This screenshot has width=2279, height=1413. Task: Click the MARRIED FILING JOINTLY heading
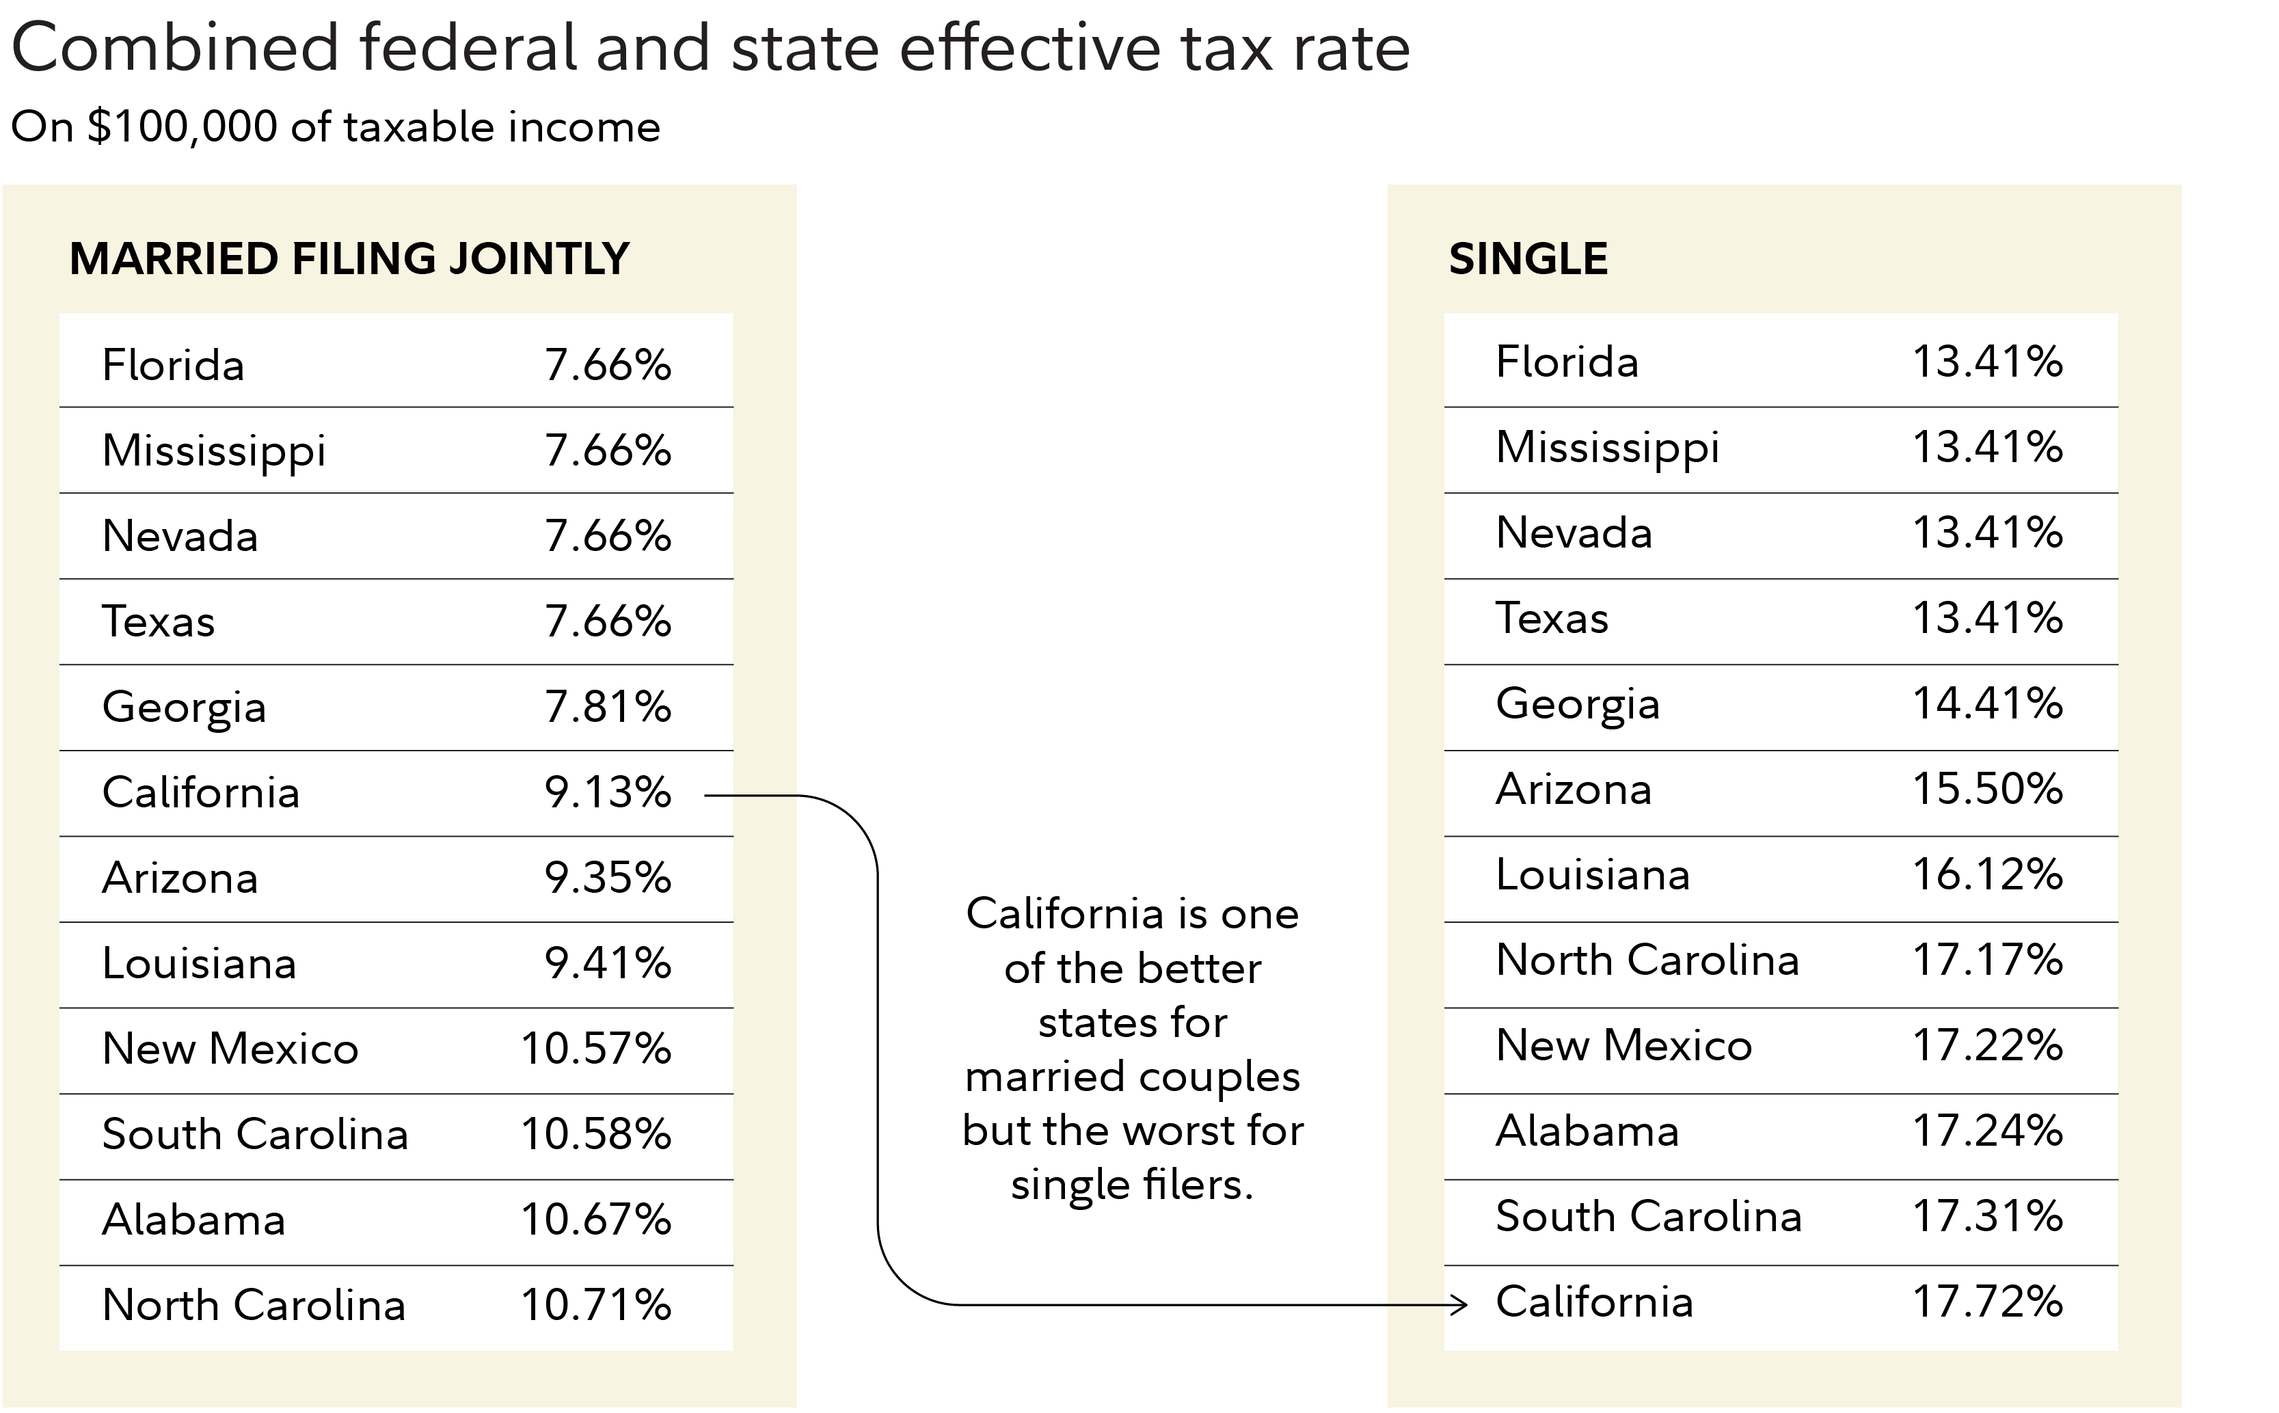[349, 259]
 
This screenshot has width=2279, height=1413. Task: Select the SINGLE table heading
[1528, 259]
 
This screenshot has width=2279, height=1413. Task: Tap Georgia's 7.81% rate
[608, 707]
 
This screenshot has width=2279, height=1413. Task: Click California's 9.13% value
[608, 792]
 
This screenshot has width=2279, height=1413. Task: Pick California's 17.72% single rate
[1988, 1302]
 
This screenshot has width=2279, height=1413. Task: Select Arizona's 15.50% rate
[1988, 789]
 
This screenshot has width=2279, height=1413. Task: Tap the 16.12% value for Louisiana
[1988, 875]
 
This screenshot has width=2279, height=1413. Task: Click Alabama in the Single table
[1587, 1131]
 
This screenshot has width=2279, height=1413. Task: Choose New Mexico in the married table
[230, 1049]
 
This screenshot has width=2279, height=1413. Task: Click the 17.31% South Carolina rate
[1988, 1217]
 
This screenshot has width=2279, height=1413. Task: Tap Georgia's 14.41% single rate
[1988, 703]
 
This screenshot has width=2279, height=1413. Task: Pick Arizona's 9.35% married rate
[608, 878]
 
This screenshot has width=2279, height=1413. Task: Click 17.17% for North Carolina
[1988, 960]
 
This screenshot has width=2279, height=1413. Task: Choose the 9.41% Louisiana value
[608, 963]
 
